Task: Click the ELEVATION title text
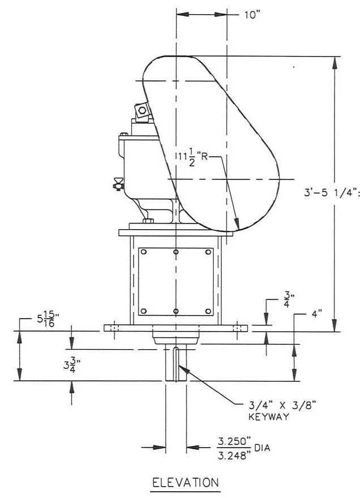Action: tap(186, 483)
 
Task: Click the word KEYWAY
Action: tap(269, 417)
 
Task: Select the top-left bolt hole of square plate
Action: tap(144, 252)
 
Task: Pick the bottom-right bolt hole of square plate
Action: tap(208, 311)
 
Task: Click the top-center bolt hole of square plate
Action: tap(176, 252)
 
